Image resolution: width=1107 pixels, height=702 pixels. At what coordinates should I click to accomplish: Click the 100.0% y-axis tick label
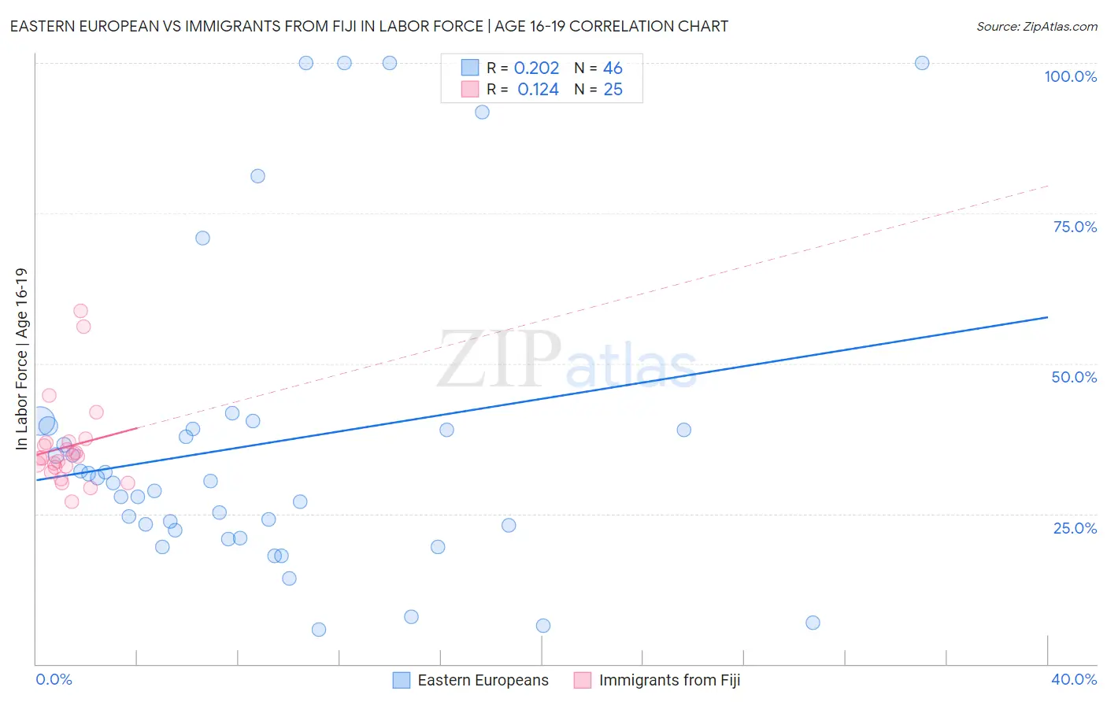(x=1070, y=76)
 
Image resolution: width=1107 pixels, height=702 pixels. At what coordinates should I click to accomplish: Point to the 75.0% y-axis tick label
(x=1075, y=227)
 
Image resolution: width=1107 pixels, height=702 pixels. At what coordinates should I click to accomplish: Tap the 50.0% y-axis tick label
(x=1074, y=377)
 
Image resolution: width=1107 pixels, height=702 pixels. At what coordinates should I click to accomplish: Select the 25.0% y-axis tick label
(x=1075, y=528)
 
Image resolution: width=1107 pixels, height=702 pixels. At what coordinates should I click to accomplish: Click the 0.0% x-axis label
(x=54, y=679)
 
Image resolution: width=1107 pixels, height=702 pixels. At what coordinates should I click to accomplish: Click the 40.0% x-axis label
(x=1073, y=679)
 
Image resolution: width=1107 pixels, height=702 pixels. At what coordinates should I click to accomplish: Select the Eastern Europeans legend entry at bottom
(x=482, y=680)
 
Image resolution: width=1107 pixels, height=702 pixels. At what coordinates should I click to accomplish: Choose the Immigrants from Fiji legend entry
(x=668, y=680)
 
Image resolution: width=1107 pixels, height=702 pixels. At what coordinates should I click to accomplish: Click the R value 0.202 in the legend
(x=536, y=68)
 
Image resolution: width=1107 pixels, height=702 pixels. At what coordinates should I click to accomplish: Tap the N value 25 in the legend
(x=613, y=90)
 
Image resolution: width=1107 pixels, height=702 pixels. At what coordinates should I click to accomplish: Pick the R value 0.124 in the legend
(x=538, y=90)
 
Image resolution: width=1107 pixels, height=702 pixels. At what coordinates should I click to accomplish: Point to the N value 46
(x=613, y=68)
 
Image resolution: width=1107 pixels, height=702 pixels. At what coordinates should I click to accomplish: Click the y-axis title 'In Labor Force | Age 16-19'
(x=21, y=359)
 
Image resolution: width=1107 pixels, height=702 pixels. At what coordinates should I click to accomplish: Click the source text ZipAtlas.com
(x=1036, y=27)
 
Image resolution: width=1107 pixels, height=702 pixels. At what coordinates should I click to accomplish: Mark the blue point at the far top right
(x=922, y=63)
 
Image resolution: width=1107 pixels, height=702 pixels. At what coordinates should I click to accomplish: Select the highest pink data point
(x=80, y=311)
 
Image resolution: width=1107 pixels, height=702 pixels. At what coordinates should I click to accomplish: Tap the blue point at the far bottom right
(x=813, y=623)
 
